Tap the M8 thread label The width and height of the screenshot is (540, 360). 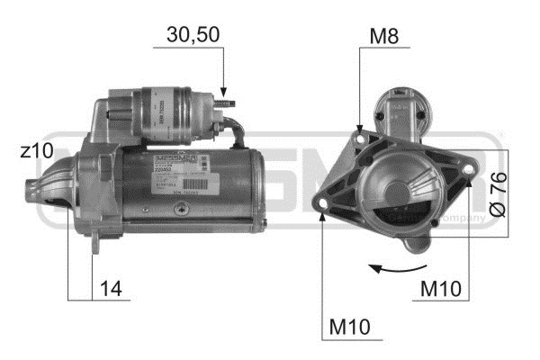coord(384,36)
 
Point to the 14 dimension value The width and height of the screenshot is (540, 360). coord(112,289)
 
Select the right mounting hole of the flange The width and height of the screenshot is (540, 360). coord(470,175)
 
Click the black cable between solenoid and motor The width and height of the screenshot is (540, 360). coord(238,135)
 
